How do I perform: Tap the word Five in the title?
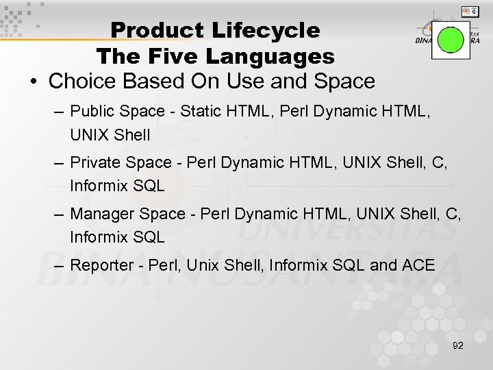(184, 55)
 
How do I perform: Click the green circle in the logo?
(451, 39)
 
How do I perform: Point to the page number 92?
(458, 346)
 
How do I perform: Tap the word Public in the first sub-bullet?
(92, 111)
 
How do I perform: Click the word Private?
(94, 162)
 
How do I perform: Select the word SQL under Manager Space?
(149, 237)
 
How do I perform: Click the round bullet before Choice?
(33, 82)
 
